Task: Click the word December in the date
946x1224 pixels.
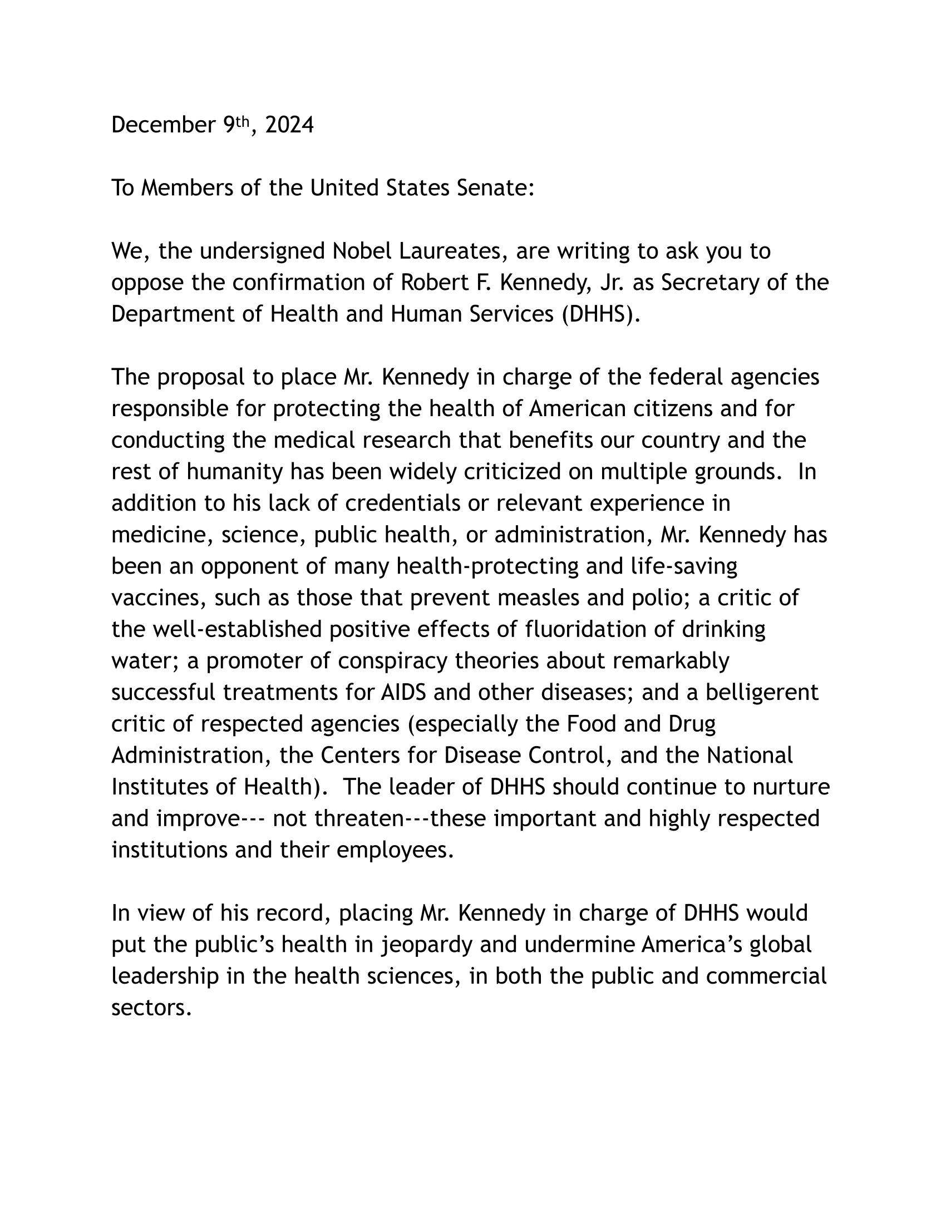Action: click(163, 125)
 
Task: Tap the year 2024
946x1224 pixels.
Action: click(289, 125)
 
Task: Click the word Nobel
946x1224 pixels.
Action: click(360, 251)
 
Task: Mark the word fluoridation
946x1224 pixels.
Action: click(595, 629)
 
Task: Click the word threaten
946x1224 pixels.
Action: click(359, 819)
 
